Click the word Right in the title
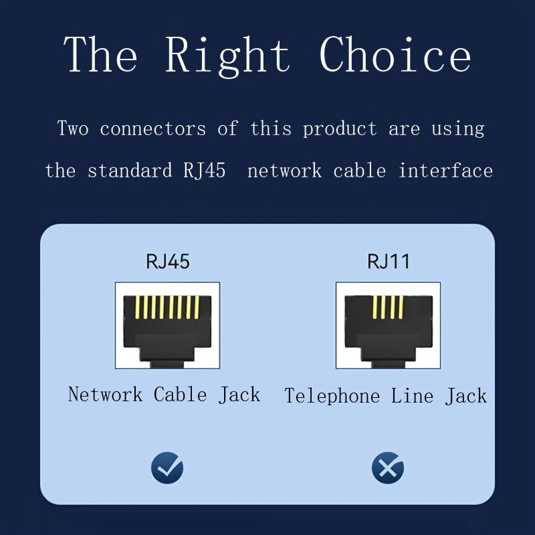(x=227, y=55)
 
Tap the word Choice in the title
(x=395, y=55)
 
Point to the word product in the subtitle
(x=340, y=128)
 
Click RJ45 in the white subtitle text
(x=204, y=171)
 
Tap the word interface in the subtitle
(x=445, y=171)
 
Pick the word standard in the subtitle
(x=130, y=171)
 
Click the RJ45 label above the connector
(x=168, y=261)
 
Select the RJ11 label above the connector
(x=388, y=261)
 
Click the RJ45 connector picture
(x=167, y=326)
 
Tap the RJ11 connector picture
(x=388, y=326)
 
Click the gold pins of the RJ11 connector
(x=388, y=307)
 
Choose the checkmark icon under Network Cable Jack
(x=167, y=467)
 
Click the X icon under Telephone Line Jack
(x=388, y=467)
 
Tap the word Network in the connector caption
(x=105, y=395)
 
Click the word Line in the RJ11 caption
(x=413, y=396)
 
